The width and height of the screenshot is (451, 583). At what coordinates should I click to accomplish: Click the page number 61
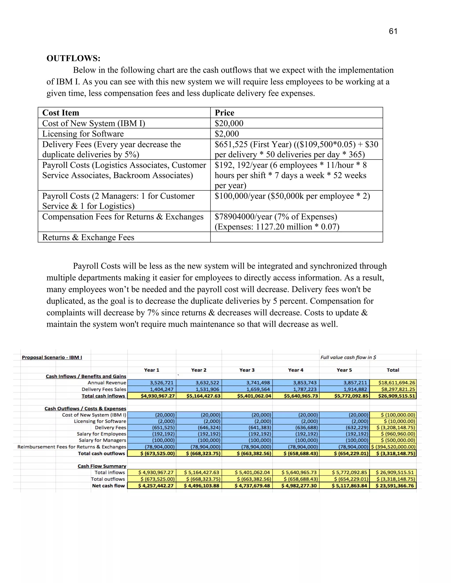click(x=393, y=31)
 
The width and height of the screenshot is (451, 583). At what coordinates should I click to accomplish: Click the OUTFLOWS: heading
click(x=74, y=58)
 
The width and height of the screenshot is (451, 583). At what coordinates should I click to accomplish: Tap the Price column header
click(x=224, y=113)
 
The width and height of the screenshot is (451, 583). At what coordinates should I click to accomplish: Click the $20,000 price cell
click(x=229, y=123)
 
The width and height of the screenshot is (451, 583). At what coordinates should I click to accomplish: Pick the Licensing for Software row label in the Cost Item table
click(x=83, y=134)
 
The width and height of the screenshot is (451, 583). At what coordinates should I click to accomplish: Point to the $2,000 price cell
click(x=227, y=134)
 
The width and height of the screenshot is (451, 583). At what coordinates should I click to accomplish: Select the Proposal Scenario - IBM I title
click(x=52, y=357)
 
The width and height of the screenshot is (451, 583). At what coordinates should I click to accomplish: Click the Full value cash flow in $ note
click(x=348, y=357)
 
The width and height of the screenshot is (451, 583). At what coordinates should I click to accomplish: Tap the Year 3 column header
click(x=247, y=370)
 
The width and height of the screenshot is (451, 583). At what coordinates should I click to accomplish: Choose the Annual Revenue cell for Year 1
click(x=152, y=383)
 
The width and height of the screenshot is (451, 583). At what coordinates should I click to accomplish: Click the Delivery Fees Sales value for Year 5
click(x=344, y=389)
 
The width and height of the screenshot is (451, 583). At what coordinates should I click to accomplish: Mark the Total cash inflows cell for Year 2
click(x=199, y=396)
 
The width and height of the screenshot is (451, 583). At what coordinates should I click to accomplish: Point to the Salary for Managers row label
click(x=102, y=440)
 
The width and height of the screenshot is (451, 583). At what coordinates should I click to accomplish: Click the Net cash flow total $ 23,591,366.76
click(x=393, y=486)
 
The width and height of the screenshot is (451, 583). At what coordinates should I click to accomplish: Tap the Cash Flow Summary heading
click(x=102, y=466)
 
